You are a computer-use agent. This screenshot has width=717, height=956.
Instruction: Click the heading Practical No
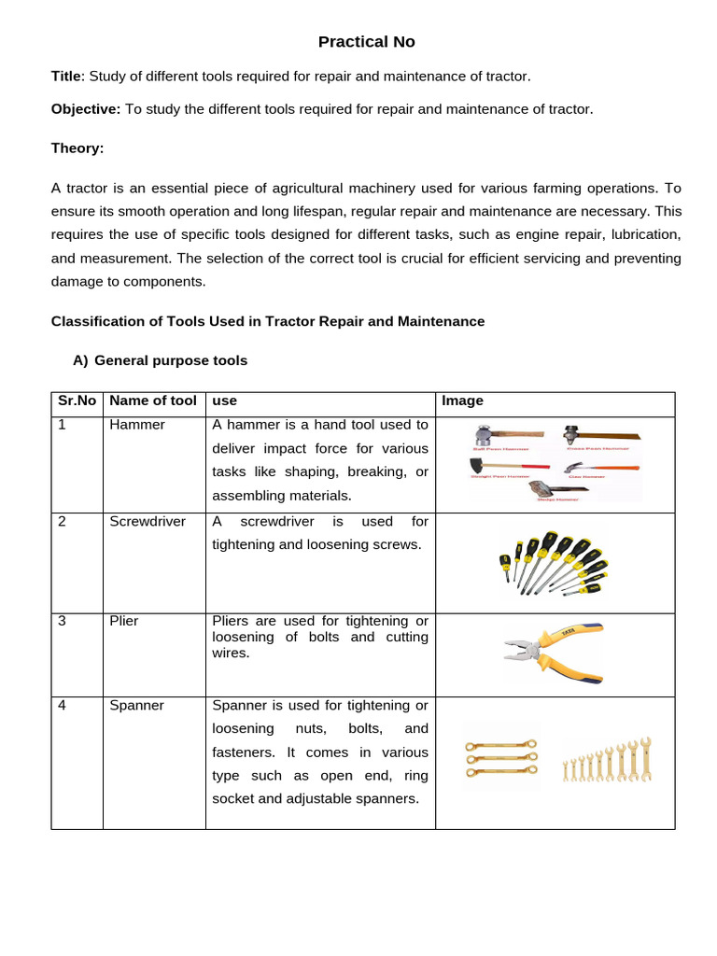tap(366, 42)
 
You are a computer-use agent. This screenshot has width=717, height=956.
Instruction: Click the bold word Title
tap(67, 77)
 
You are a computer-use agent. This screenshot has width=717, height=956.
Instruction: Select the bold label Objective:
tap(86, 109)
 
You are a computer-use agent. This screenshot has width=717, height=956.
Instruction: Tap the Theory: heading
tap(77, 148)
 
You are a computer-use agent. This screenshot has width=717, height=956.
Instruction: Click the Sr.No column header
tap(77, 401)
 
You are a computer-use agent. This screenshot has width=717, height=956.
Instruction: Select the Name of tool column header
tap(153, 401)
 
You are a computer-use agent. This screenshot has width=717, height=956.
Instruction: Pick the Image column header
tap(462, 401)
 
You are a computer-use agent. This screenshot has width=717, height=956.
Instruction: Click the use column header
tap(225, 401)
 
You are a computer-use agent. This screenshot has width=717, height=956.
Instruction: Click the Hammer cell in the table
tap(137, 425)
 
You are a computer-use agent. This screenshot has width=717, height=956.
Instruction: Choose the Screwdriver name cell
tap(148, 521)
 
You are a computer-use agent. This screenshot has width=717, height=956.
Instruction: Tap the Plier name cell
tap(124, 621)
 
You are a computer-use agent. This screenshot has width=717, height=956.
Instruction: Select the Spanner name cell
tap(136, 706)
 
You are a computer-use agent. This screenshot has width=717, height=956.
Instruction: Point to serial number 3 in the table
tap(62, 621)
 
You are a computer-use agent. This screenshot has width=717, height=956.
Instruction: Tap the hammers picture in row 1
tap(554, 463)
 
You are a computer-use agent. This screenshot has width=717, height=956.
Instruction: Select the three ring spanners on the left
tap(501, 760)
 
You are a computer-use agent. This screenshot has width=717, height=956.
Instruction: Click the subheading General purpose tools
tap(171, 360)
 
